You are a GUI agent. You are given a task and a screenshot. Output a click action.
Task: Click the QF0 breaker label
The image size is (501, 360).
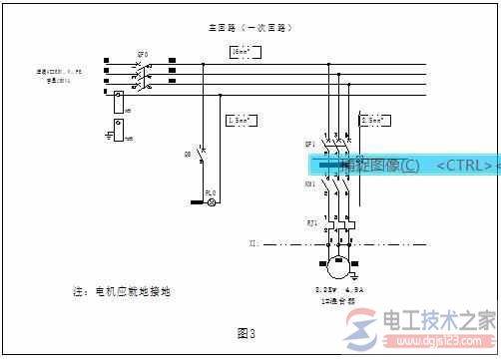(144, 54)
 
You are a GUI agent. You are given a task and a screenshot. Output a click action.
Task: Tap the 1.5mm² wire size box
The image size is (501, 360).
(244, 120)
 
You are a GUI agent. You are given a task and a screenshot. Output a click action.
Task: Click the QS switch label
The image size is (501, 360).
(188, 155)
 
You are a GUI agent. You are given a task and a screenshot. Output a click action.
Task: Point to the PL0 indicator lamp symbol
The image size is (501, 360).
(211, 201)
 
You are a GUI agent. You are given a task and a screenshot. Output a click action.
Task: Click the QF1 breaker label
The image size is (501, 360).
(310, 145)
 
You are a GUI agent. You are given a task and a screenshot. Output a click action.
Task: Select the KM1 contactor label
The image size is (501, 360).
(310, 184)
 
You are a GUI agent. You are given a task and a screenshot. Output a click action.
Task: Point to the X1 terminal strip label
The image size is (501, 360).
(255, 242)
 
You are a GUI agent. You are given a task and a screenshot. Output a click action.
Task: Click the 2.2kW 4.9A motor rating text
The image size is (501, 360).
(340, 290)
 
